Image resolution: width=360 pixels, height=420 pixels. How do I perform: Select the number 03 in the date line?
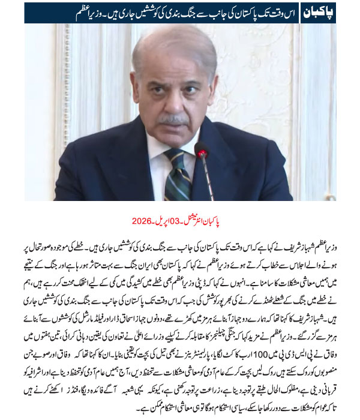(170, 220)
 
